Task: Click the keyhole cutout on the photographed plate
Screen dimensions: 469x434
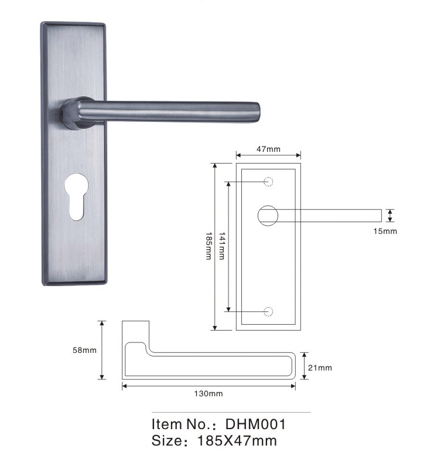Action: [x=76, y=196]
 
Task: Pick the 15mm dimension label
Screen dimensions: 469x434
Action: [x=385, y=232]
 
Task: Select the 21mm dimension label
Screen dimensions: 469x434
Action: [x=320, y=368]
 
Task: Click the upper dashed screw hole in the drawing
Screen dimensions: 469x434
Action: [x=269, y=182]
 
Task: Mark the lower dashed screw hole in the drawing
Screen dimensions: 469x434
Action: [x=269, y=311]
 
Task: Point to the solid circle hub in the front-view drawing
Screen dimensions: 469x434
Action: [x=268, y=215]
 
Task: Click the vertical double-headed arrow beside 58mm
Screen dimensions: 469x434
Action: [x=102, y=350]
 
